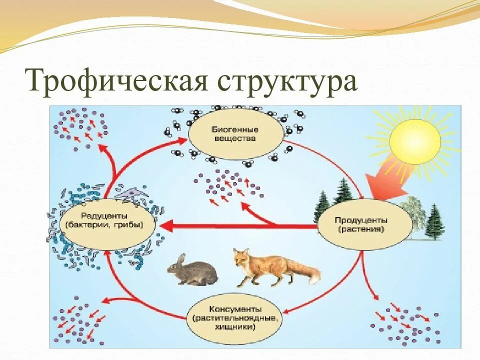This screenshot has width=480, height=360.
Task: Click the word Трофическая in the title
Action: (x=117, y=81)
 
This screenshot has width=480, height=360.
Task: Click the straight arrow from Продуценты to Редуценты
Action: (x=240, y=226)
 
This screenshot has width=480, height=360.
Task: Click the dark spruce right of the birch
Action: (x=434, y=222)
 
